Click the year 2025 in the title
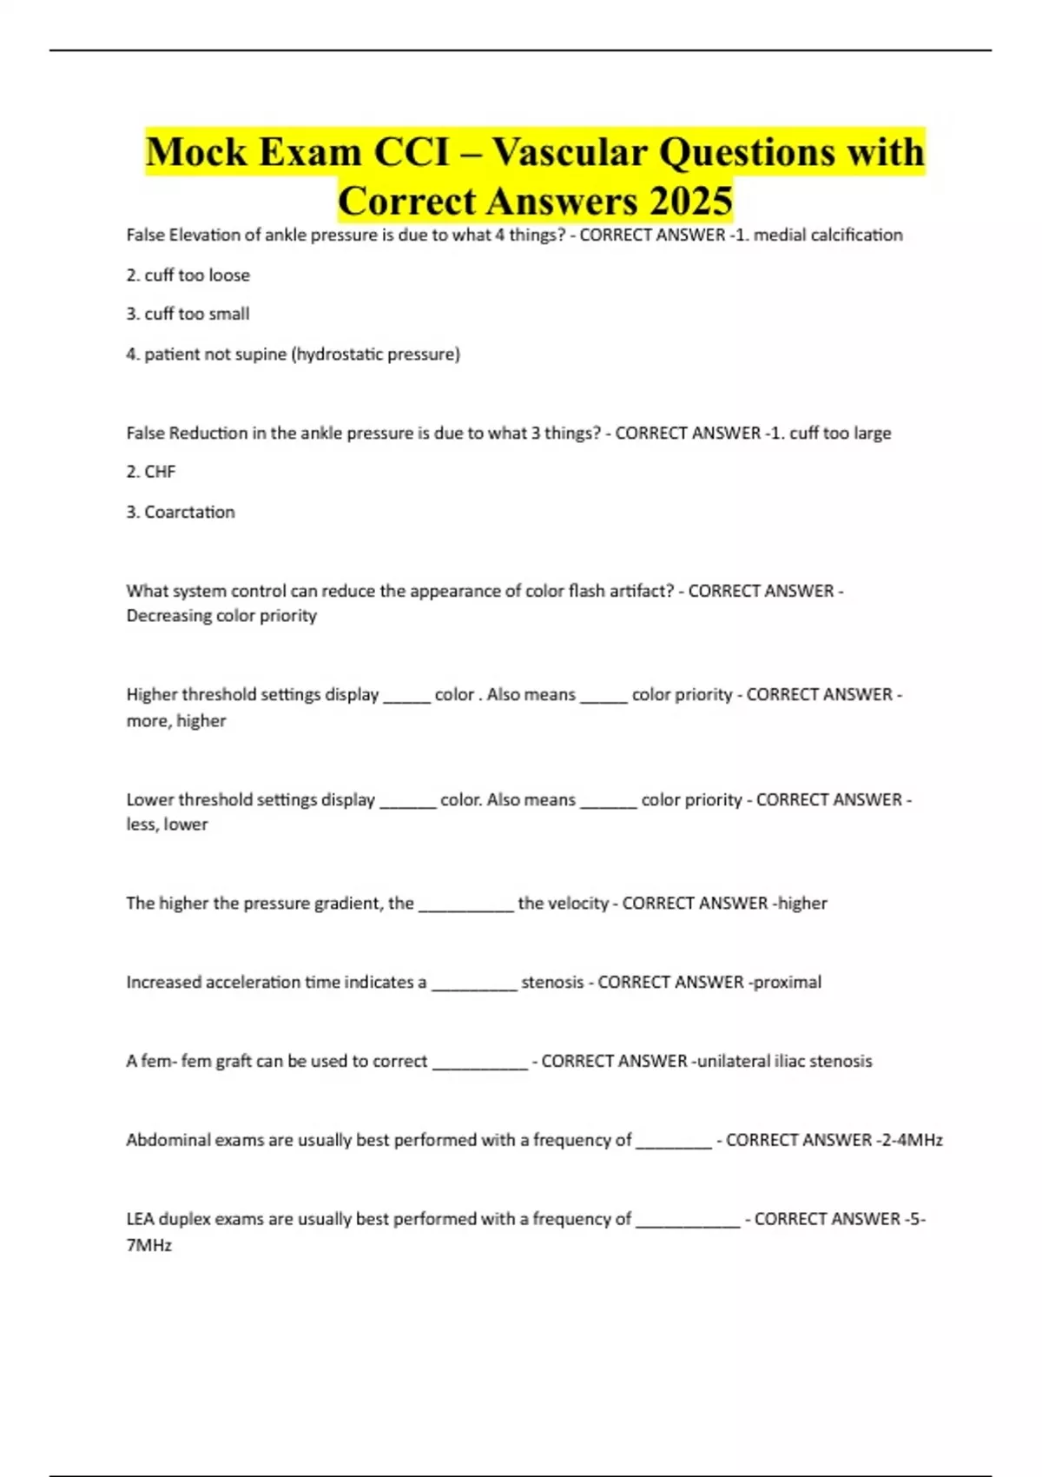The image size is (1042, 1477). pos(691,202)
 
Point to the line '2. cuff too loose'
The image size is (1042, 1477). pos(188,275)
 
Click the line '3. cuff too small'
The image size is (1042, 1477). pos(188,314)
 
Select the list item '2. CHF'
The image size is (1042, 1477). pos(151,472)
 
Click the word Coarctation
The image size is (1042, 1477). pos(189,512)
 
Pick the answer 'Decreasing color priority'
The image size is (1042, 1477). pos(221,615)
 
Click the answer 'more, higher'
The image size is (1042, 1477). pos(176,720)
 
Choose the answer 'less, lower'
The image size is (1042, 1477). pos(167,824)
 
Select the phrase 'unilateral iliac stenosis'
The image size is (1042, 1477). pos(785,1061)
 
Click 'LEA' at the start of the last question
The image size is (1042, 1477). pos(140,1219)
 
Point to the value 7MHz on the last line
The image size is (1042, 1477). pos(149,1245)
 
